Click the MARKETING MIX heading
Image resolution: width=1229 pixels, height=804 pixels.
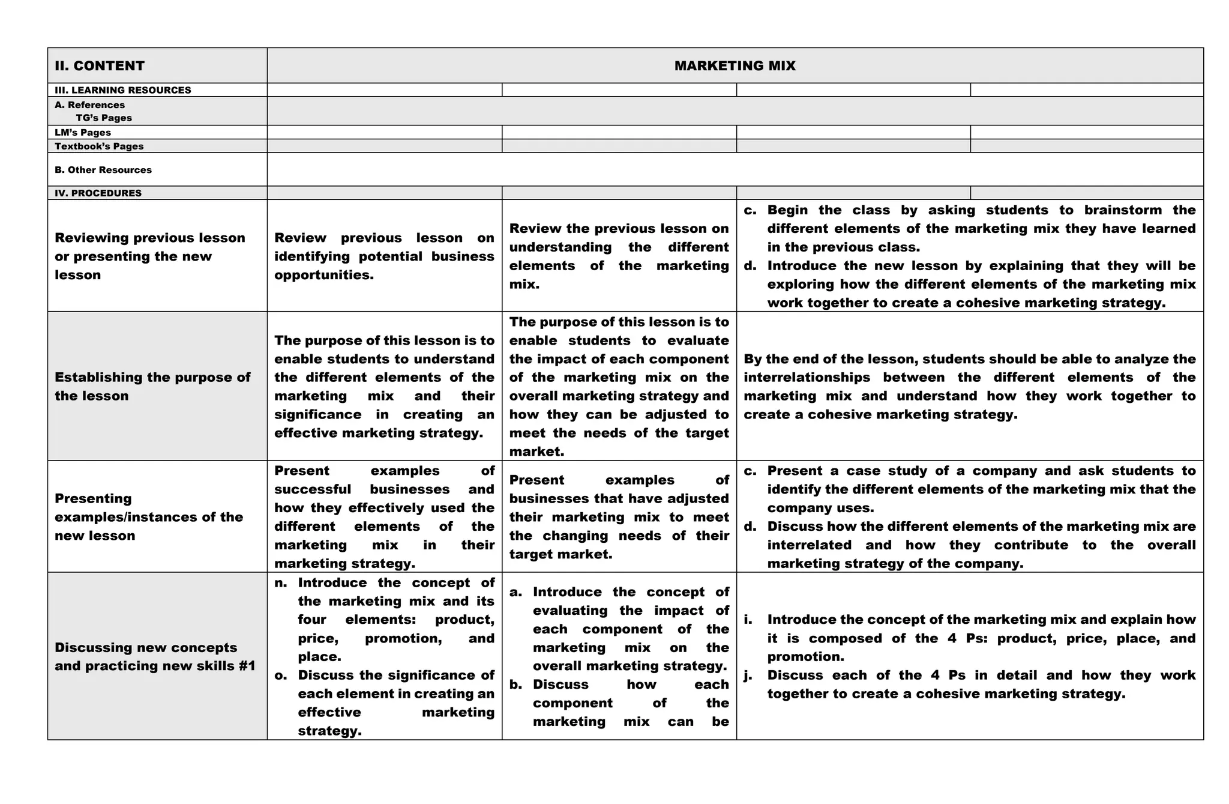(x=735, y=66)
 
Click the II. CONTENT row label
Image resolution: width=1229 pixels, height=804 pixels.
(x=100, y=66)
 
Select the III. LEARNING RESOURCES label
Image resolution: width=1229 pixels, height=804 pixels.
(x=122, y=90)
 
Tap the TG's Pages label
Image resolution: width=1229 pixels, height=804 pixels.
(x=103, y=118)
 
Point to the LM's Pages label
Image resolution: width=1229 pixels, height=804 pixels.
(x=83, y=133)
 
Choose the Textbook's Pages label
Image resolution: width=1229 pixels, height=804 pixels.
(x=99, y=147)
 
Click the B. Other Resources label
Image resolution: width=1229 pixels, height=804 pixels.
(x=103, y=170)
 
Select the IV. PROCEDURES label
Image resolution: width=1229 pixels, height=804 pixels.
(x=98, y=193)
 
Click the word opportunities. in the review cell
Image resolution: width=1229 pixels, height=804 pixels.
(x=324, y=275)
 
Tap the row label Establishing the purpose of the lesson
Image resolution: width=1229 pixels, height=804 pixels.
(x=152, y=387)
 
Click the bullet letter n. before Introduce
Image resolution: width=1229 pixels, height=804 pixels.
(x=280, y=583)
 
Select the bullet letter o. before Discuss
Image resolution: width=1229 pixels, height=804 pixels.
(x=280, y=676)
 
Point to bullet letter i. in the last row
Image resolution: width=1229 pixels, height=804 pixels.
(x=748, y=620)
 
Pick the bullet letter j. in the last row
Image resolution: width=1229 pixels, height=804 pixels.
(x=748, y=676)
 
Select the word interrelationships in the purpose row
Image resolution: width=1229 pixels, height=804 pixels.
(x=807, y=378)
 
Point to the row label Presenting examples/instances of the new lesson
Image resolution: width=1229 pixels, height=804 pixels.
(x=149, y=517)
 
